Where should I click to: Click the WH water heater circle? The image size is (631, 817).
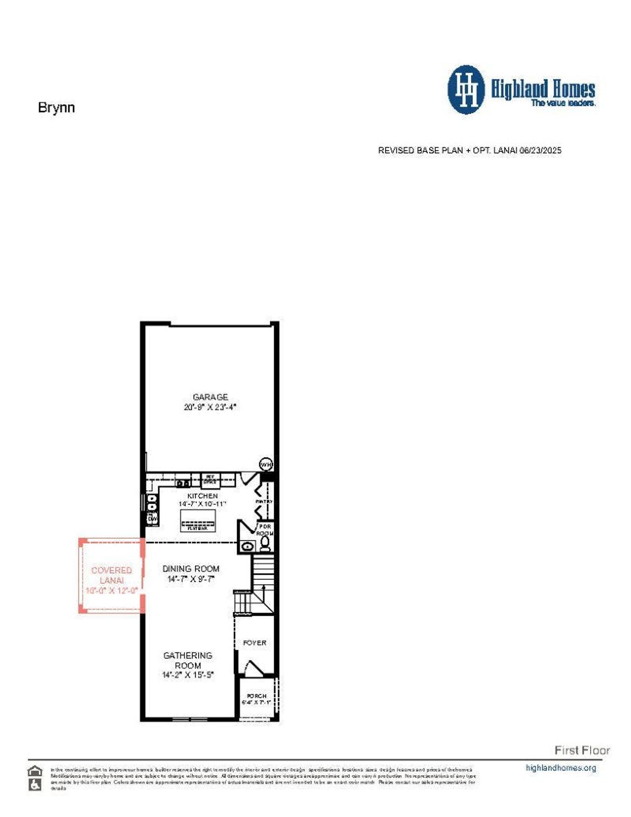tap(266, 464)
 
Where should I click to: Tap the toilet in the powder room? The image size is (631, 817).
tap(265, 543)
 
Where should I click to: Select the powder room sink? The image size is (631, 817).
tap(248, 546)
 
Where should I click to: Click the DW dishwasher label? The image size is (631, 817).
tap(152, 519)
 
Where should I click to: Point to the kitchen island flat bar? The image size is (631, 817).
tap(198, 521)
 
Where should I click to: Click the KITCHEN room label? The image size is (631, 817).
tap(202, 496)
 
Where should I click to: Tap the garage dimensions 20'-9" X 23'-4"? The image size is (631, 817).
tap(210, 408)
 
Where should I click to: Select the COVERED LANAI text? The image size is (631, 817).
tap(111, 575)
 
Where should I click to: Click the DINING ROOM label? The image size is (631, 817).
tap(191, 569)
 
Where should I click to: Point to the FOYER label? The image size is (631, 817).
tap(254, 643)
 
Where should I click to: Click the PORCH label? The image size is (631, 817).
tap(256, 696)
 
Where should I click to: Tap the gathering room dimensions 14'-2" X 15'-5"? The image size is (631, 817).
tap(188, 675)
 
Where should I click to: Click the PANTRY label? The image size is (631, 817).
tap(264, 501)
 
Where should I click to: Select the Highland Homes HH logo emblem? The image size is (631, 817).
tap(466, 89)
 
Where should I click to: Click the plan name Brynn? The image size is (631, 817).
tap(56, 108)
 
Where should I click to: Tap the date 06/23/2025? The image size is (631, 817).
tap(540, 150)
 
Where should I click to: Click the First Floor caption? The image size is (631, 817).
tap(582, 750)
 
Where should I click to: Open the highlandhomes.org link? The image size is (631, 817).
tap(561, 768)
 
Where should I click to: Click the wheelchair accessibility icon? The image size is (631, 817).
tap(35, 784)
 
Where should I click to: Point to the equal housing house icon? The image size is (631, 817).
tap(35, 771)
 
